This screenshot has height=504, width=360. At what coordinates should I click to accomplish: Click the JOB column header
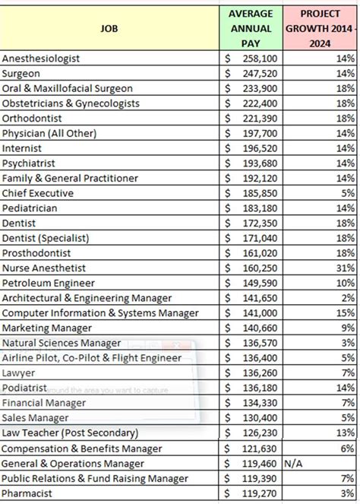pyautogui.click(x=109, y=29)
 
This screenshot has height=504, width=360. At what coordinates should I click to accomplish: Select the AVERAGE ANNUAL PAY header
pyautogui.click(x=251, y=29)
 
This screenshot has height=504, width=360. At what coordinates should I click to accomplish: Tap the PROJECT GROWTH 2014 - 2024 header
pyautogui.click(x=320, y=29)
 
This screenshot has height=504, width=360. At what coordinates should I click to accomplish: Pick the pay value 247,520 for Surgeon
pyautogui.click(x=261, y=74)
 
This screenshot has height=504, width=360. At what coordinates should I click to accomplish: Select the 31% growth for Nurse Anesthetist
pyautogui.click(x=347, y=268)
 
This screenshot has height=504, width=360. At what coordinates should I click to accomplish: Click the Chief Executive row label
pyautogui.click(x=38, y=193)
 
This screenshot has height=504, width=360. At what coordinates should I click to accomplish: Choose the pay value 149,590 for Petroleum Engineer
pyautogui.click(x=261, y=283)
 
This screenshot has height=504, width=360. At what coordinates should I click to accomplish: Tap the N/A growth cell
pyautogui.click(x=297, y=463)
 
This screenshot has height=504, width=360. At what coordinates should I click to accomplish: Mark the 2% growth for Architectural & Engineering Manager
pyautogui.click(x=349, y=298)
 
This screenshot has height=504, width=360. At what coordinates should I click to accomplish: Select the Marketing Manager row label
pyautogui.click(x=47, y=328)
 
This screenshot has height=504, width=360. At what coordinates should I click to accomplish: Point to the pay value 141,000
pyautogui.click(x=261, y=313)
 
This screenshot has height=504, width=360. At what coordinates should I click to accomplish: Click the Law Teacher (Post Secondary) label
pyautogui.click(x=71, y=433)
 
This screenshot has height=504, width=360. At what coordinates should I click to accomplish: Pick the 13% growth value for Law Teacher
pyautogui.click(x=347, y=433)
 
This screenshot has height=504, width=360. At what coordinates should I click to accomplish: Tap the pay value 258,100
pyautogui.click(x=261, y=59)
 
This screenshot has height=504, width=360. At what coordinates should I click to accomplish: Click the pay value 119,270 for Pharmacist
pyautogui.click(x=261, y=493)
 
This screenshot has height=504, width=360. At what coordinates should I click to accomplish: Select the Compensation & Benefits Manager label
pyautogui.click(x=82, y=448)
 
